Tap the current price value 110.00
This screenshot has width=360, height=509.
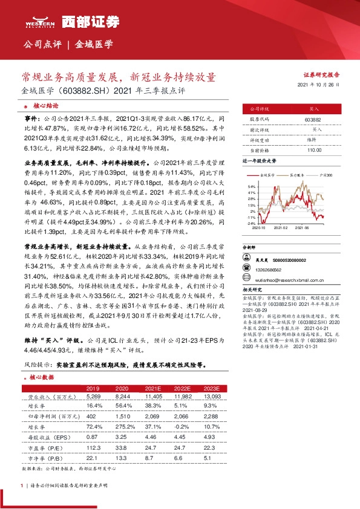pyautogui.click(x=313, y=149)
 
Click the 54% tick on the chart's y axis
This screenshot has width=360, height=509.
pyautogui.click(x=251, y=187)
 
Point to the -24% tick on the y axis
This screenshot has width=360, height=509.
pyautogui.click(x=250, y=223)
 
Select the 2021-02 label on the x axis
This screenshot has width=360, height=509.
pyautogui.click(x=281, y=228)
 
